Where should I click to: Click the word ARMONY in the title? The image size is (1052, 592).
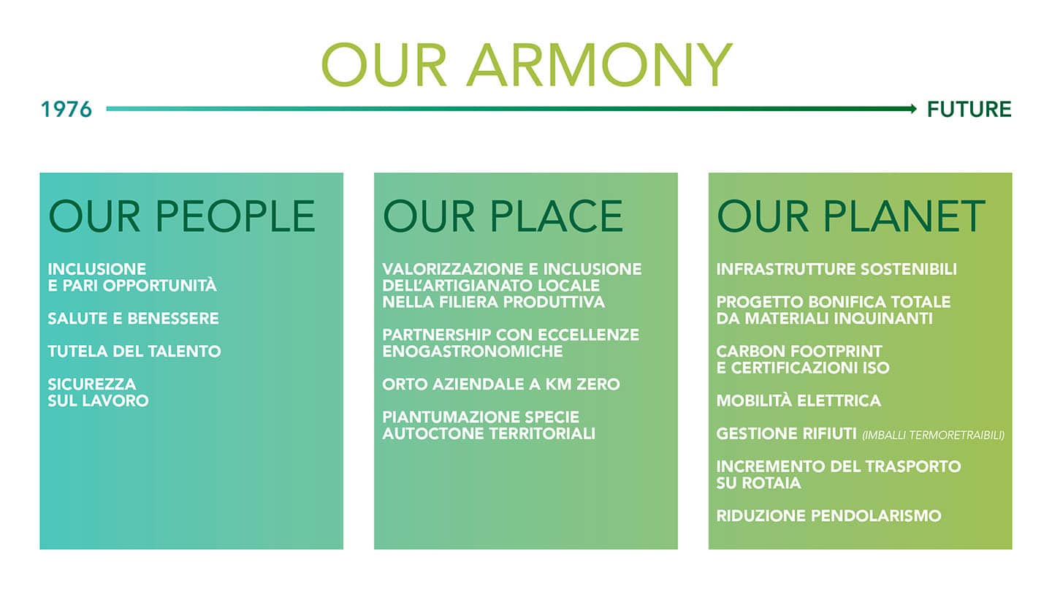coord(599,65)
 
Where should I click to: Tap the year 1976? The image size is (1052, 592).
coord(66,110)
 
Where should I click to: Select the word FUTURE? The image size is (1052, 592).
coord(969,110)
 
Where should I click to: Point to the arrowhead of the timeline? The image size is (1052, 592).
coord(913,109)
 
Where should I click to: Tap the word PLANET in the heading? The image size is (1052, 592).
coord(904,216)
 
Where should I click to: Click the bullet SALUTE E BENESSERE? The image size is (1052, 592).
coord(133,319)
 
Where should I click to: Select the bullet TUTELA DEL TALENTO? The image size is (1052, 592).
coord(134,352)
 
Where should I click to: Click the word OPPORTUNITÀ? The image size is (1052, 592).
coord(160,285)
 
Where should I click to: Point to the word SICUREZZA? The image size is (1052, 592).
coord(91,384)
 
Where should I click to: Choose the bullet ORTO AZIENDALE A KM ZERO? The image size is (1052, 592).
coord(500,384)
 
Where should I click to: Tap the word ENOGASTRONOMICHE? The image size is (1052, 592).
coord(472,352)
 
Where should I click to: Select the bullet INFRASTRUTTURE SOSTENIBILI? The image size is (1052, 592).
coord(836,269)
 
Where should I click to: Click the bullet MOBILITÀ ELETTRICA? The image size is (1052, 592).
coord(798,401)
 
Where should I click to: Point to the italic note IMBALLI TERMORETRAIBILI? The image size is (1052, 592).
coord(933,435)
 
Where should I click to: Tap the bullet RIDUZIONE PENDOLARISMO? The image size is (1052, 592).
coord(828,516)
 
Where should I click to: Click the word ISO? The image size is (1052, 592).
coord(875,368)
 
